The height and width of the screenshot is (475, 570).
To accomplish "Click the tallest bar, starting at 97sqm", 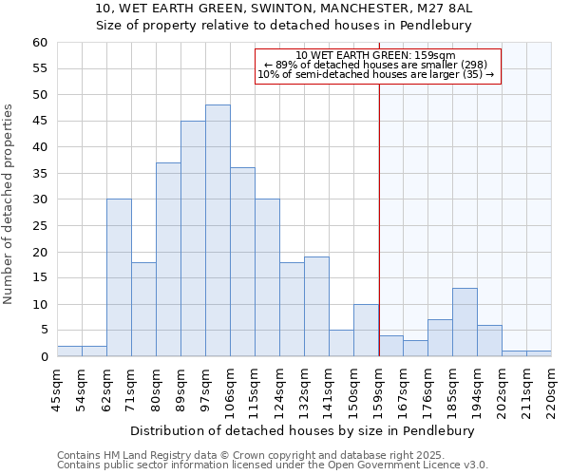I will (x=218, y=231).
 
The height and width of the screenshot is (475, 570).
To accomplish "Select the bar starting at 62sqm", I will (x=119, y=278).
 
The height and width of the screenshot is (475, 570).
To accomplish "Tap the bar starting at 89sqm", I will (x=193, y=238).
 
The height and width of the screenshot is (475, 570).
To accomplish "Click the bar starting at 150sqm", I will (x=366, y=331).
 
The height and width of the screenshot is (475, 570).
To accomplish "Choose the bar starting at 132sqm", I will (x=316, y=307).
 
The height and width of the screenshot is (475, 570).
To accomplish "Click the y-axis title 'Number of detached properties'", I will (x=9, y=204).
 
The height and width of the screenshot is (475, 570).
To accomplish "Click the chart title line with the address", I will (x=285, y=8).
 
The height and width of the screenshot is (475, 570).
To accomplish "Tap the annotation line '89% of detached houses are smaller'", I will (x=376, y=65).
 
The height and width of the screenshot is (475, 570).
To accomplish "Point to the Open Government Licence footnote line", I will (x=273, y=465).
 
